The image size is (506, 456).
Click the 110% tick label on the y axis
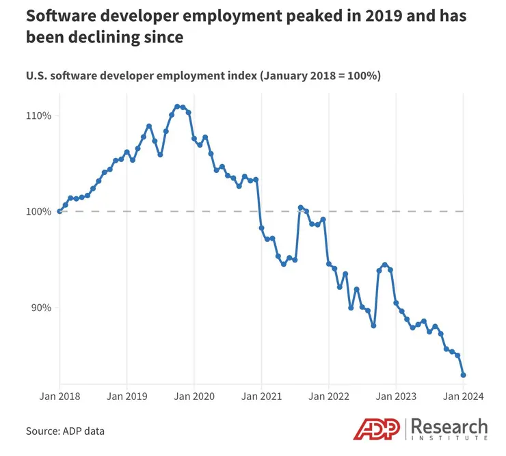coord(39,116)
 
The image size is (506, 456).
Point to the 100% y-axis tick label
coord(39,211)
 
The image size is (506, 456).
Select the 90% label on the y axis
coord(42,308)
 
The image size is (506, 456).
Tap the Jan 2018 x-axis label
coord(59,396)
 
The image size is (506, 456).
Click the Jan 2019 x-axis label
coord(126,396)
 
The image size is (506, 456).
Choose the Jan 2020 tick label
coord(194,396)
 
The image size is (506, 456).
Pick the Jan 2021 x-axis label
coord(261,396)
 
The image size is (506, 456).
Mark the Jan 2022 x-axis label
coord(329,396)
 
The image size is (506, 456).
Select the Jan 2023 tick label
coord(396,396)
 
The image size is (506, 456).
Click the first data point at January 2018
coord(59,211)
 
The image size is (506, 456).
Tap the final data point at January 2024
coord(464,375)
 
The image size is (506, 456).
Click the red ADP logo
coord(379,429)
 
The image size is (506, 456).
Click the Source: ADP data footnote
coord(65,431)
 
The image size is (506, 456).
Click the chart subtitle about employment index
coord(203,75)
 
